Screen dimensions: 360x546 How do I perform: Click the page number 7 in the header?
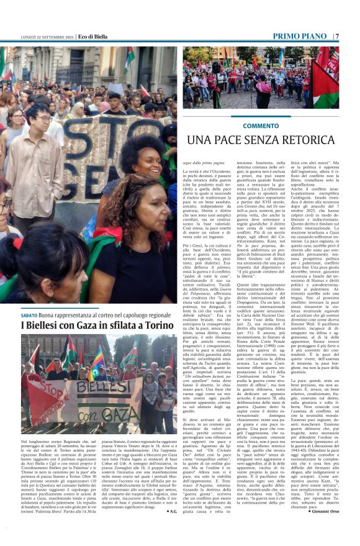coord(337,36)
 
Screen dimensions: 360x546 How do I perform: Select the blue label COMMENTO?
coord(261,125)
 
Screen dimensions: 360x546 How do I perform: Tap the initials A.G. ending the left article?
coord(173,511)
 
